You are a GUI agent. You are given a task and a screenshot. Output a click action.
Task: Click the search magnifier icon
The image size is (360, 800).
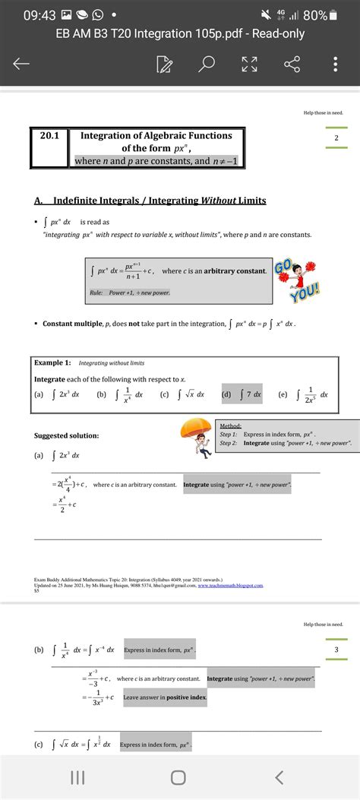[x=207, y=65]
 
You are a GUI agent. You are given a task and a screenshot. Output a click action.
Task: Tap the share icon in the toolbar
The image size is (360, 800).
[x=292, y=65]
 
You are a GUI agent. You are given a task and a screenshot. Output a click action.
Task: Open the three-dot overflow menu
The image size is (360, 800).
[x=335, y=65]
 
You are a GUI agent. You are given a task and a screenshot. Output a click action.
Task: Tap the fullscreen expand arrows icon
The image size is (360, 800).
[x=249, y=65]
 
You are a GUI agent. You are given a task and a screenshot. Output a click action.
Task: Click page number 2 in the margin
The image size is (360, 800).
[x=336, y=138]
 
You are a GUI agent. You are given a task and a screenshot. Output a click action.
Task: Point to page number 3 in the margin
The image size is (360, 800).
[x=336, y=650]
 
